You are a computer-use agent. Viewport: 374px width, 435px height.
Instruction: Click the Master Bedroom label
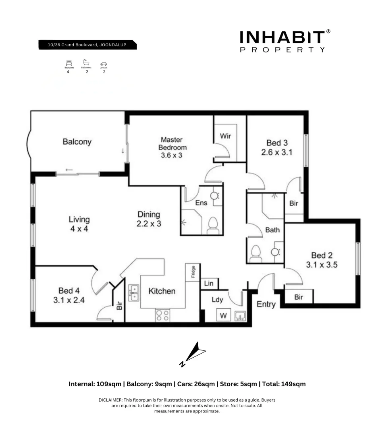(172, 147)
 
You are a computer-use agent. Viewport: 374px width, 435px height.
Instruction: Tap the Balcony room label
(77, 142)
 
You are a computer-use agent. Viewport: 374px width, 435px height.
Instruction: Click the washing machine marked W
(223, 315)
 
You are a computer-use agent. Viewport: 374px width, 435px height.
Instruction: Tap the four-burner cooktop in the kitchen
(162, 315)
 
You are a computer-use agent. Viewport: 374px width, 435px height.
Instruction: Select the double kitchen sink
(134, 293)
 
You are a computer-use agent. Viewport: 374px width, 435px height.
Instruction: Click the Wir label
(225, 136)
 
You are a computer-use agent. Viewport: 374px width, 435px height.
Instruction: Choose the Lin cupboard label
(209, 284)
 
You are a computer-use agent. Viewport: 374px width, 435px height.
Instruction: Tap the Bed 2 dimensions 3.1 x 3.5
(321, 265)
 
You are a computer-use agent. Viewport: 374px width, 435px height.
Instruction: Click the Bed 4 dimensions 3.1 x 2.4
(69, 300)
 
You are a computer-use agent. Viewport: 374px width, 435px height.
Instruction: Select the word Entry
(266, 304)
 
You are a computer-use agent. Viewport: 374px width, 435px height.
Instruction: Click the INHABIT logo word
(282, 37)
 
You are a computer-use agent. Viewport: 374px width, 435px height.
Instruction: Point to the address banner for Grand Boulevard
(87, 45)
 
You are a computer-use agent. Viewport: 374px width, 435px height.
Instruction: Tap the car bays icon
(104, 64)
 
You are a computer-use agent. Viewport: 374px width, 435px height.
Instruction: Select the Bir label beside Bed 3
(294, 203)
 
